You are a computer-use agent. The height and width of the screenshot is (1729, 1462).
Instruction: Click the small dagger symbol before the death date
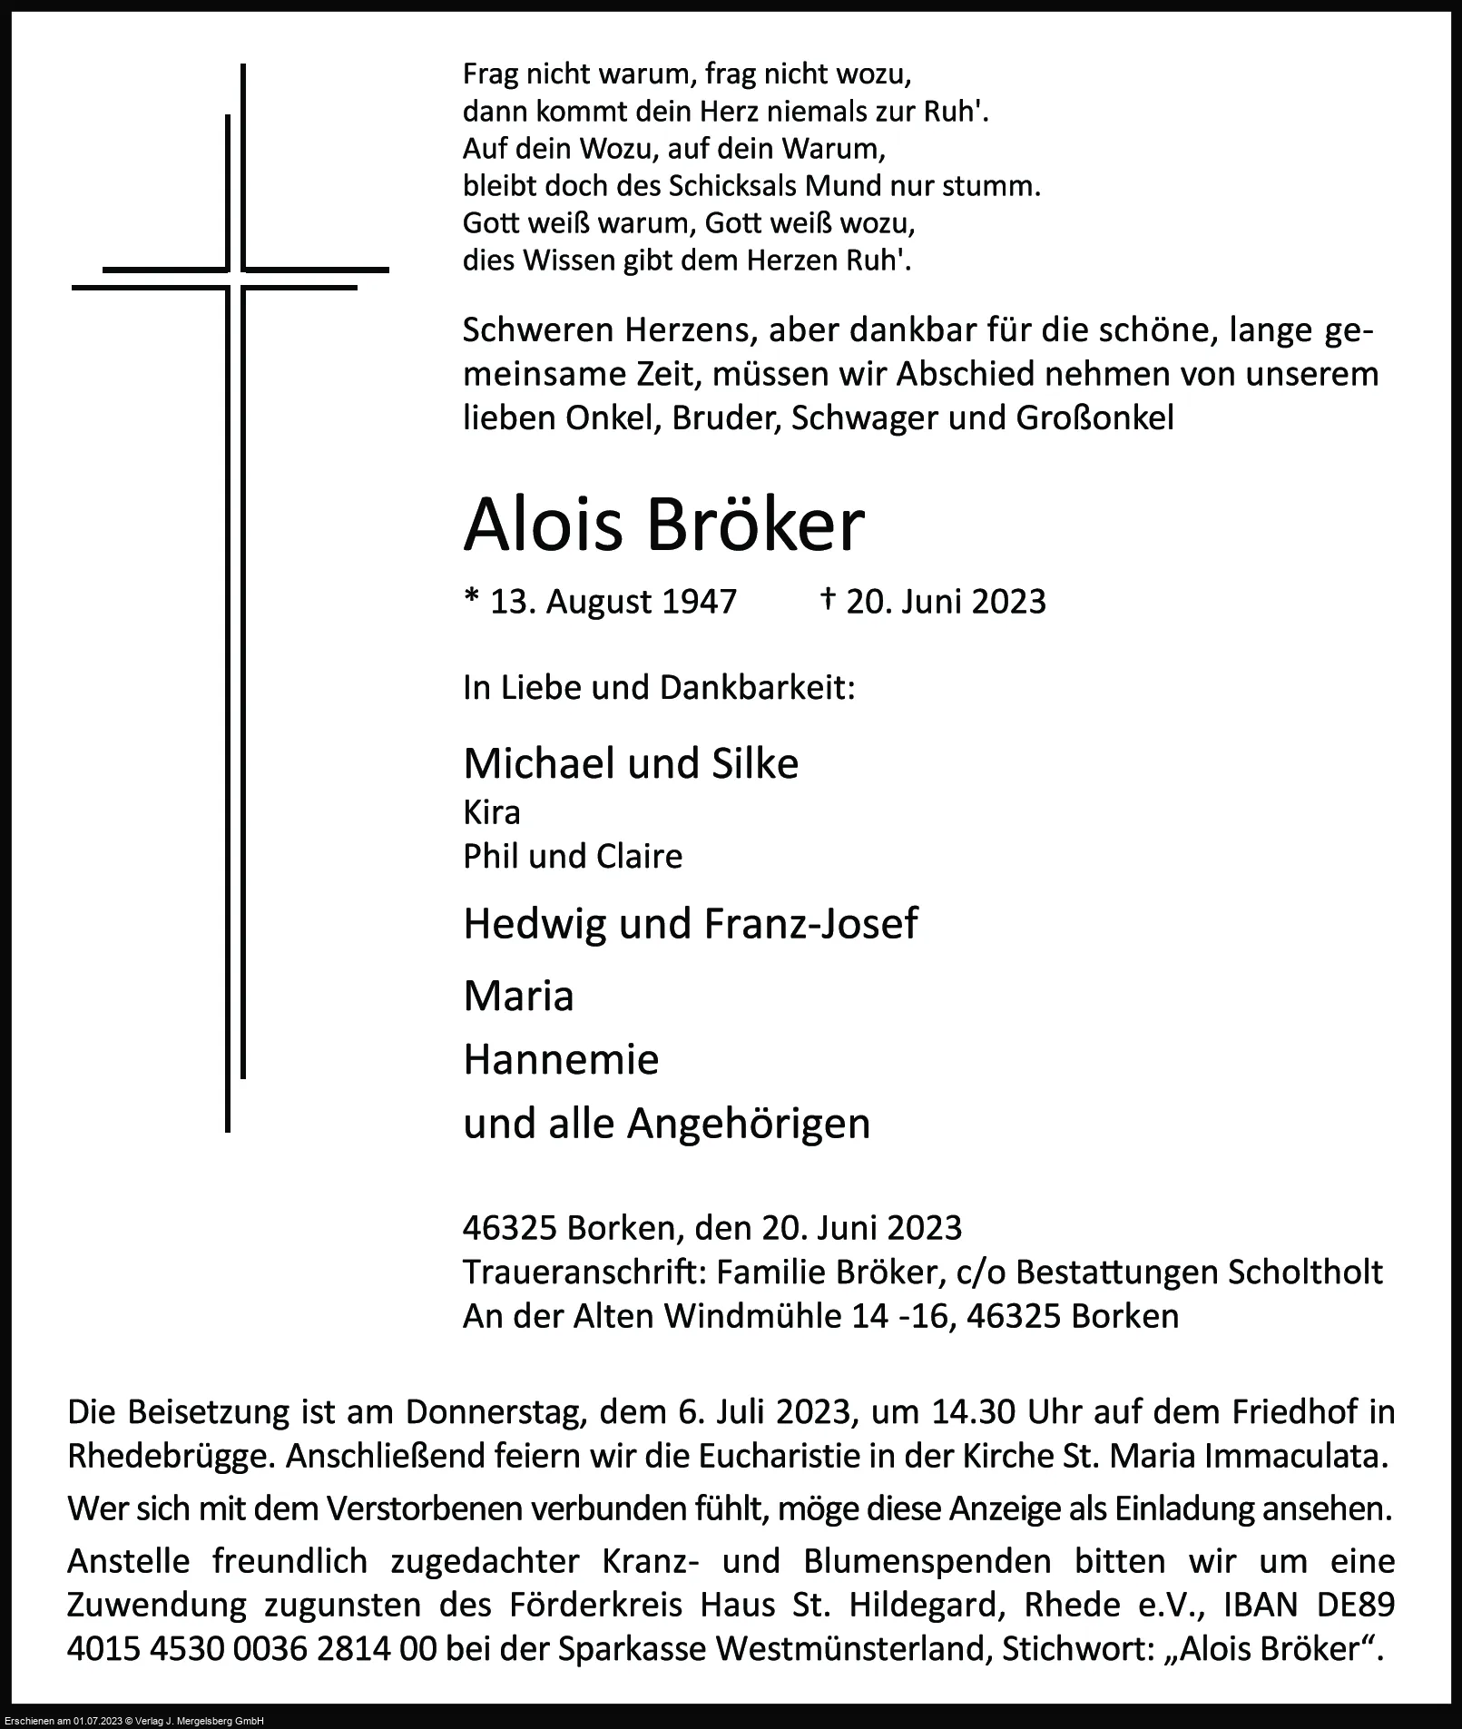point(828,599)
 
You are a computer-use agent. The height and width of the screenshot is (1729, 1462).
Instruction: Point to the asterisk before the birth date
point(471,600)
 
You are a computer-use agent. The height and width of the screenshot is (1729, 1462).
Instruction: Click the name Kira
point(492,812)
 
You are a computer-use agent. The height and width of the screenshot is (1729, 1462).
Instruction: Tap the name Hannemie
point(561,1059)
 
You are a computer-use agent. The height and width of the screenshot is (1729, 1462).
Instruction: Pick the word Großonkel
point(1095,418)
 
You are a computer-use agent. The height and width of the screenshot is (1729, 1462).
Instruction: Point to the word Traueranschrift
point(584,1272)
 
